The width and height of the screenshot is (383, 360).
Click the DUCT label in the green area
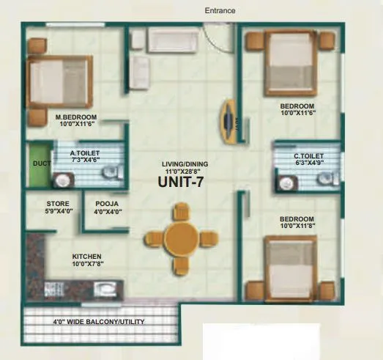point(40,163)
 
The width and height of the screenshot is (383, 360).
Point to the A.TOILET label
point(85,153)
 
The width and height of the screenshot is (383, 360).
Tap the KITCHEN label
point(86,257)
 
